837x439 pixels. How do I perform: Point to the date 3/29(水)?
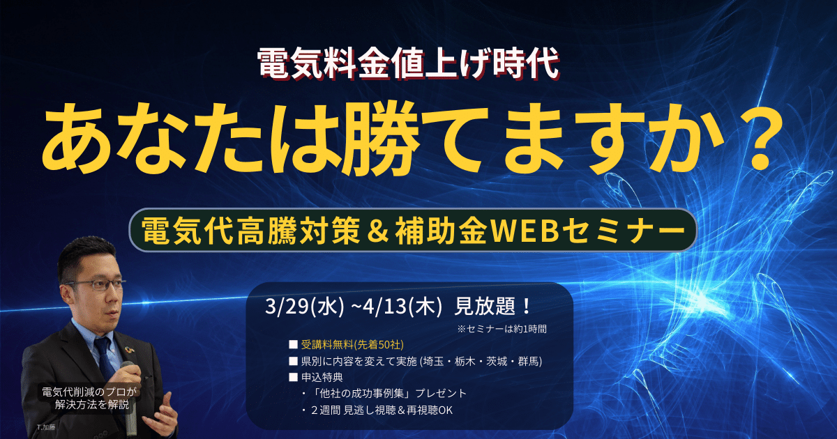coord(304,307)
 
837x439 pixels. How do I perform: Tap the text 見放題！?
coord(492,307)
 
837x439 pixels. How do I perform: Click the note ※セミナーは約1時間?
coord(502,329)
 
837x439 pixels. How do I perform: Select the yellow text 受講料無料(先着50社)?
coord(352,345)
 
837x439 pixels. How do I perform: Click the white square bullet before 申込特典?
coord(293,378)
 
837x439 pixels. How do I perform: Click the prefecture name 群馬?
coord(527,362)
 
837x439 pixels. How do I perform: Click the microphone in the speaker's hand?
coord(129,395)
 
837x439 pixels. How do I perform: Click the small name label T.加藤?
coord(46,427)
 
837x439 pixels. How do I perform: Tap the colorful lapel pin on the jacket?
coord(130,350)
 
